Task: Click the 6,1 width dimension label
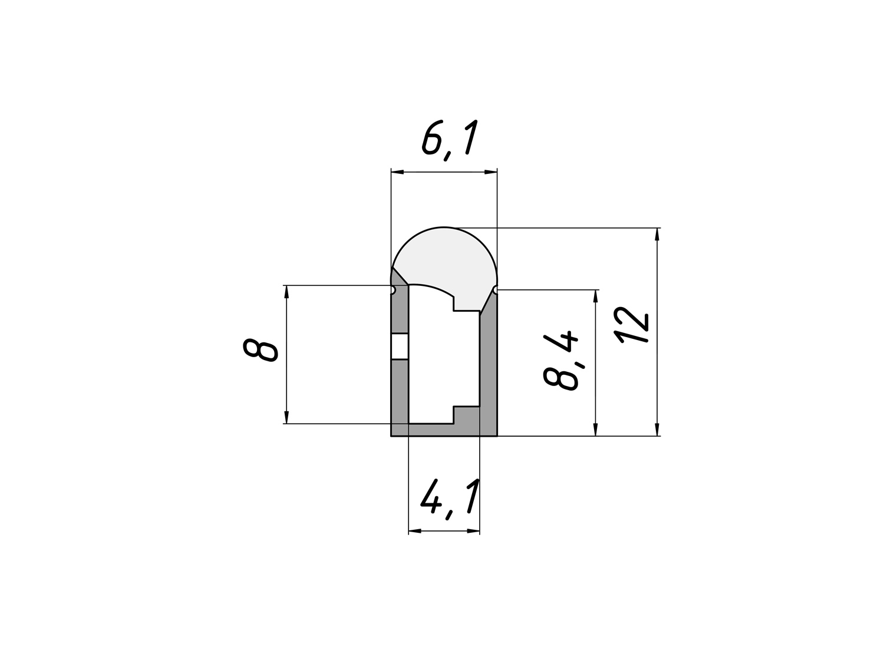pos(450,140)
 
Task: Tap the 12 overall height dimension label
pos(632,325)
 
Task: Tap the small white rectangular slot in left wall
pos(400,346)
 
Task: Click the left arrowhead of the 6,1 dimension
pos(397,172)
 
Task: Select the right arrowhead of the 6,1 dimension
pos(490,172)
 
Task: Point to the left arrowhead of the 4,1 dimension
pos(415,532)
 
